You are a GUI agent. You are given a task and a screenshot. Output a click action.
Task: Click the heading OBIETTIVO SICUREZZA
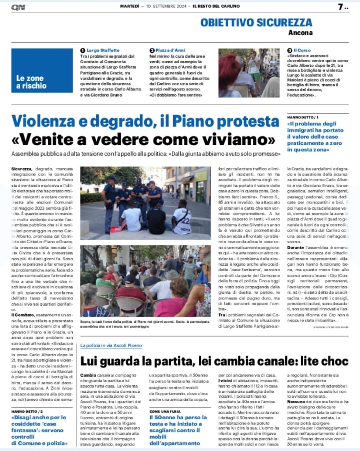[x=256, y=22]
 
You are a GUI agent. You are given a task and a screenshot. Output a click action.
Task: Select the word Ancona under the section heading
[x=301, y=33]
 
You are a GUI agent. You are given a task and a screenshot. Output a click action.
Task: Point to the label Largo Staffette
[x=103, y=51]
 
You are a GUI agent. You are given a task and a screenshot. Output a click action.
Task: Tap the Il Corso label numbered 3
[x=302, y=51]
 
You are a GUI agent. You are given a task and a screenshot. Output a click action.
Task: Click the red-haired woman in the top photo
[x=230, y=70]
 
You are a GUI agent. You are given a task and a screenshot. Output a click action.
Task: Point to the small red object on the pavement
[x=116, y=229]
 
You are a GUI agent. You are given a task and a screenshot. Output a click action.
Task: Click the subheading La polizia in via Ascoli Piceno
[x=111, y=346]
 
